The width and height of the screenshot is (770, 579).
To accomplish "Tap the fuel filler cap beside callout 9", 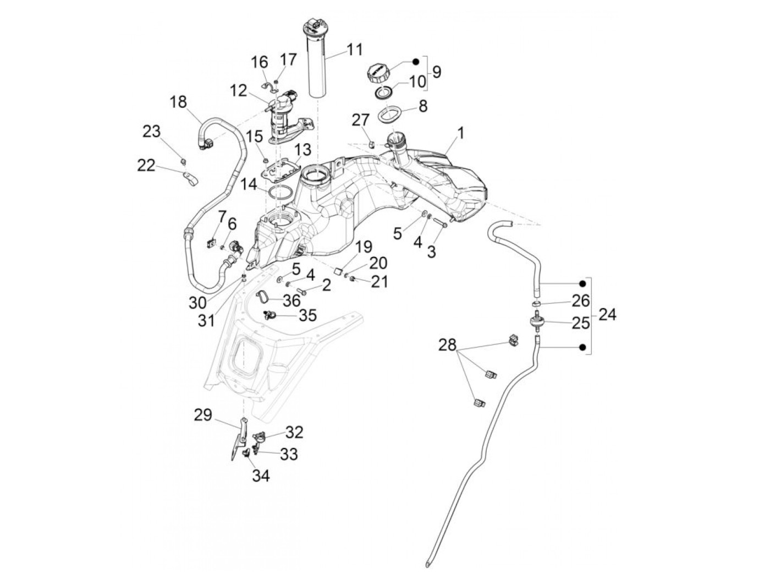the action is coord(380,73).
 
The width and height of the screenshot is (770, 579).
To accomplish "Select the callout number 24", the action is coord(607,315).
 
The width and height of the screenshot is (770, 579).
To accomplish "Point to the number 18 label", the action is coord(178,103).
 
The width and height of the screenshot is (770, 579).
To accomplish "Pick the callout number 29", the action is coord(203,415).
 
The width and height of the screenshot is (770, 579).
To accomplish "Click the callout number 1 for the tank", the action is coord(460,134).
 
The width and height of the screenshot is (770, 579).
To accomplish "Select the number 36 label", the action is coord(291,301).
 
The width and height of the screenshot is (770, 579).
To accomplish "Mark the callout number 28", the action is coord(447,345).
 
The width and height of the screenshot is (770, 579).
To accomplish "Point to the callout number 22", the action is coord(146,165).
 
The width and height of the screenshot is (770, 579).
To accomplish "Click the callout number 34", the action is coord(261,476).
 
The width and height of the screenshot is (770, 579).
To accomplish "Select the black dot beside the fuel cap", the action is coord(416,62).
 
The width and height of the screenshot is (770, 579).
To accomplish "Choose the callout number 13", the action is coord(302,150).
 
